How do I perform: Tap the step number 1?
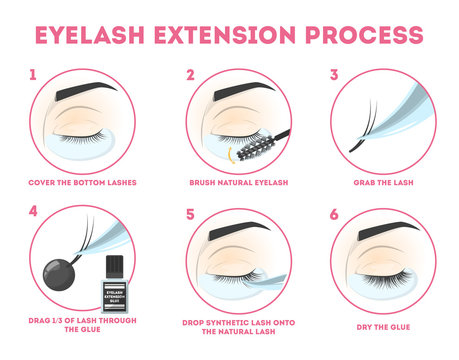click(x=35, y=74)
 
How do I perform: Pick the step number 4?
click(x=35, y=213)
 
